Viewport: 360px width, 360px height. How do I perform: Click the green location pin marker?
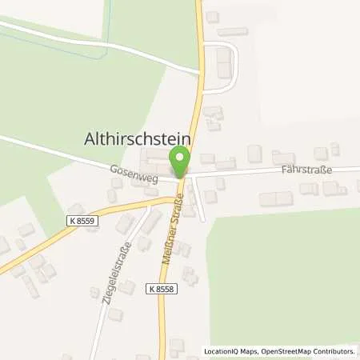click(x=181, y=159)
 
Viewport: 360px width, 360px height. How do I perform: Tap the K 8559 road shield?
click(x=80, y=218)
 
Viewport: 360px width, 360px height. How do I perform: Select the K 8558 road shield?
click(x=159, y=286)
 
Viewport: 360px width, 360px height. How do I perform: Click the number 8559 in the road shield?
click(x=83, y=218)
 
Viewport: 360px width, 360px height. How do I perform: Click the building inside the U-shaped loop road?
click(x=223, y=63)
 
